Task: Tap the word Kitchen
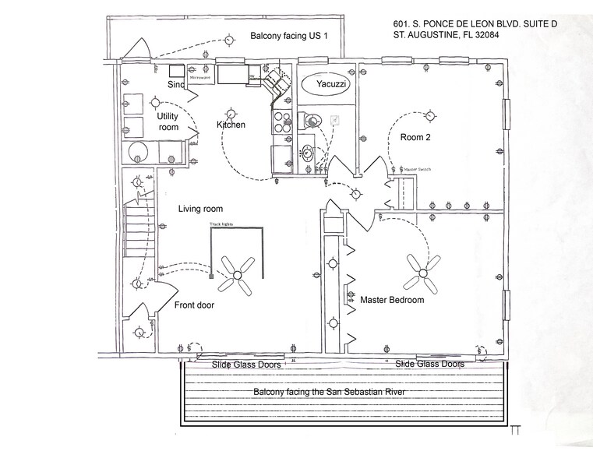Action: pyautogui.click(x=231, y=125)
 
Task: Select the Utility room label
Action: pyautogui.click(x=168, y=122)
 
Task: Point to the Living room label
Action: pyautogui.click(x=200, y=209)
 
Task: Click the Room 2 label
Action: pyautogui.click(x=416, y=137)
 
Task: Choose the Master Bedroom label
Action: pyautogui.click(x=392, y=300)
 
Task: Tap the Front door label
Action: pyautogui.click(x=194, y=305)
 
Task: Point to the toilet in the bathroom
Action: pyautogui.click(x=313, y=121)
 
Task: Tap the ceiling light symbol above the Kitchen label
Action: pyautogui.click(x=230, y=111)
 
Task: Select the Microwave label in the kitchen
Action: pyautogui.click(x=200, y=77)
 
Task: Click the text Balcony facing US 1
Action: pyautogui.click(x=289, y=37)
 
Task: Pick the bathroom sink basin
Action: pyautogui.click(x=307, y=151)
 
